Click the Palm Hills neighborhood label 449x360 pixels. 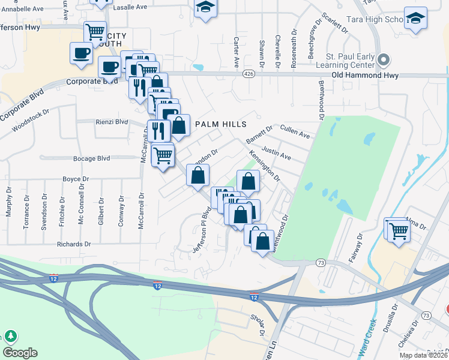(221, 124)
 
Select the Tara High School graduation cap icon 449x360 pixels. (415, 18)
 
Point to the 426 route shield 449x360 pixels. (249, 73)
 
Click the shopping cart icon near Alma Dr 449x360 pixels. (397, 229)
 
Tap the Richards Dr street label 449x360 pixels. (73, 244)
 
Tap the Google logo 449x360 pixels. (20, 352)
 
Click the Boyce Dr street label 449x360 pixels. (76, 179)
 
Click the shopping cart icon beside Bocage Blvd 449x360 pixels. (163, 155)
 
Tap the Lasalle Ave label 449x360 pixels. (130, 7)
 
